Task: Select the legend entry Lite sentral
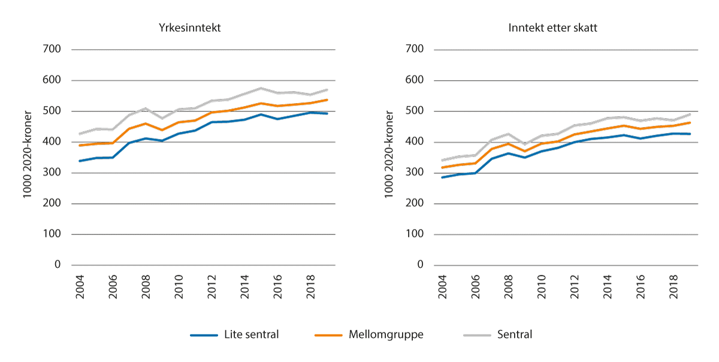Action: (x=252, y=334)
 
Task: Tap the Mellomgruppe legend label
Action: (x=386, y=334)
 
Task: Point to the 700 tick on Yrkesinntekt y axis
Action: (x=53, y=49)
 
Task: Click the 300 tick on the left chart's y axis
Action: (x=53, y=173)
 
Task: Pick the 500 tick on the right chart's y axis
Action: (x=414, y=111)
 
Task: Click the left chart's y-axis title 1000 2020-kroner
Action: (x=28, y=157)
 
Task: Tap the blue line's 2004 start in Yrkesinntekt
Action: (x=80, y=161)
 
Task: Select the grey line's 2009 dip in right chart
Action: (x=524, y=144)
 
